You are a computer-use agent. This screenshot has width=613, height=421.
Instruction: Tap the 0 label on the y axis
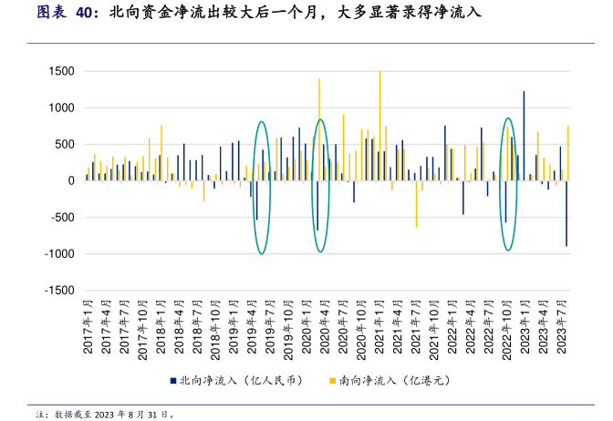(69, 180)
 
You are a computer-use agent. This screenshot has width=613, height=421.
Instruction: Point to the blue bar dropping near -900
(566, 213)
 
